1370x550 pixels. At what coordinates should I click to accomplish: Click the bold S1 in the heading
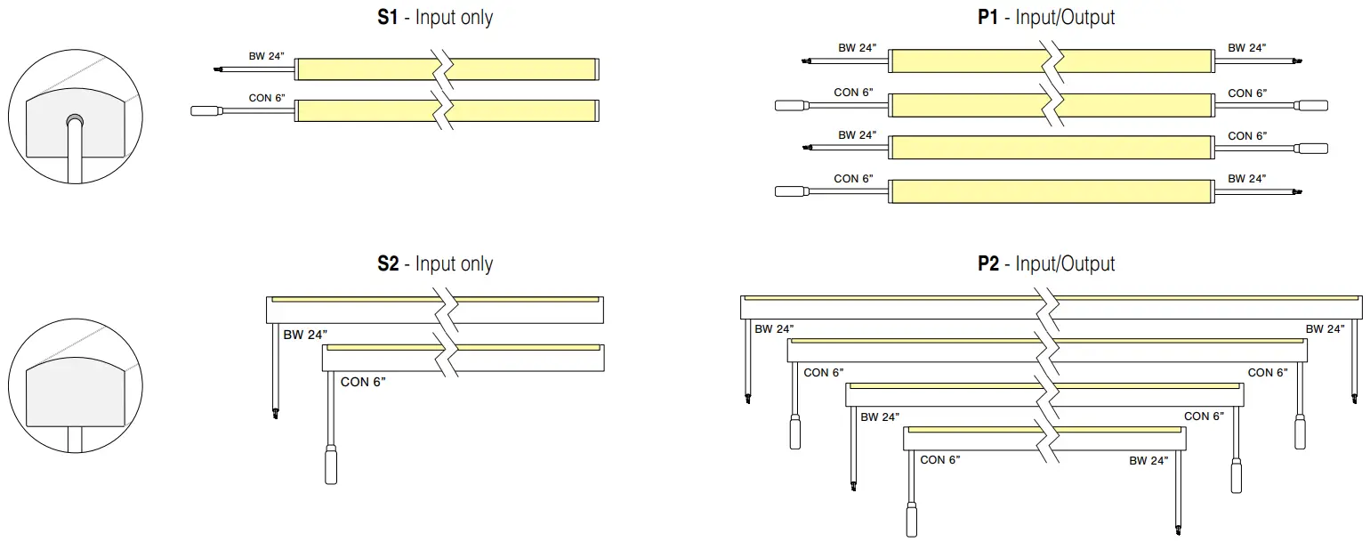(x=388, y=17)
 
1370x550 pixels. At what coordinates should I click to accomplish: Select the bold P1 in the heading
(x=987, y=17)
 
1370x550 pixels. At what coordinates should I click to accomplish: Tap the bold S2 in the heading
(x=388, y=263)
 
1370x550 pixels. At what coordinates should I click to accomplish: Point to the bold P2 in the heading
(x=987, y=263)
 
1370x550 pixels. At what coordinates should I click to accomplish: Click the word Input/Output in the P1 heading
(x=1065, y=17)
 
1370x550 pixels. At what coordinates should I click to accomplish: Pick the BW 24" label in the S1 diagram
(x=266, y=56)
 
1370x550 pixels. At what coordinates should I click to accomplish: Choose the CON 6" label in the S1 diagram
(x=267, y=98)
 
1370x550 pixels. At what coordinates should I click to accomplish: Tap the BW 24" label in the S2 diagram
(x=305, y=335)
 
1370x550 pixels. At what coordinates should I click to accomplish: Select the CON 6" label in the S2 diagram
(x=363, y=382)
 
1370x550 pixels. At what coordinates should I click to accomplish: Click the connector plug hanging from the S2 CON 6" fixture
(x=331, y=465)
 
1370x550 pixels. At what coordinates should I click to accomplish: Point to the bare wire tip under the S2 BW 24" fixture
(x=275, y=412)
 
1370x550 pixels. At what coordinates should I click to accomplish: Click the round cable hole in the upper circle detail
(x=75, y=119)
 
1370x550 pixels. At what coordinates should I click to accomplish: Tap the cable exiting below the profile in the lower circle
(x=76, y=439)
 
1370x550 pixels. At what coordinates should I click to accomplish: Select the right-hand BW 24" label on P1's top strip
(x=1247, y=48)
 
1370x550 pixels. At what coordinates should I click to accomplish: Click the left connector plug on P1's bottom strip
(x=789, y=190)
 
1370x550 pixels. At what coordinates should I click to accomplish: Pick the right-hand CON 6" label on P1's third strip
(x=1247, y=136)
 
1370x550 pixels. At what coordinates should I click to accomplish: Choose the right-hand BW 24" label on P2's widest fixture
(x=1325, y=329)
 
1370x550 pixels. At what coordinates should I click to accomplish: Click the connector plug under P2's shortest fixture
(x=911, y=520)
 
